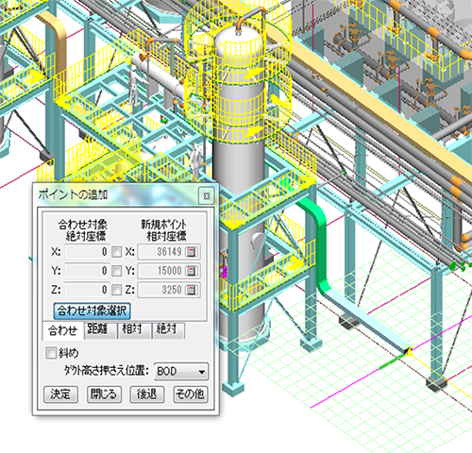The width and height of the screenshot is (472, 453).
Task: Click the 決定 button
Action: point(60,394)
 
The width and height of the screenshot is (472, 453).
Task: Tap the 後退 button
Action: point(147,394)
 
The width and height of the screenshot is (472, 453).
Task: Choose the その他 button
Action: point(191,394)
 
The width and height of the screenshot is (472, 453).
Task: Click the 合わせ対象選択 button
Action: point(92,310)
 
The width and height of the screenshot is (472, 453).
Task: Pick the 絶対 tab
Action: point(168,329)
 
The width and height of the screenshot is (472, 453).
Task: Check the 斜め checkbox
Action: point(51,353)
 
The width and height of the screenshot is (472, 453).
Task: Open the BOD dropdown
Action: point(181,372)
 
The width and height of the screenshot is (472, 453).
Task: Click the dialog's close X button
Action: point(207,196)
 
